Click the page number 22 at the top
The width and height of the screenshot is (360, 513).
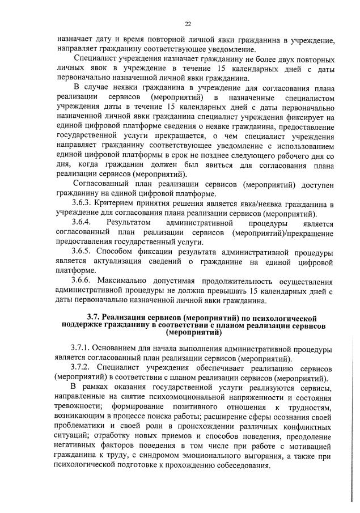coord(188,23)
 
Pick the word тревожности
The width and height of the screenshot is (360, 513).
coord(79,408)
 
